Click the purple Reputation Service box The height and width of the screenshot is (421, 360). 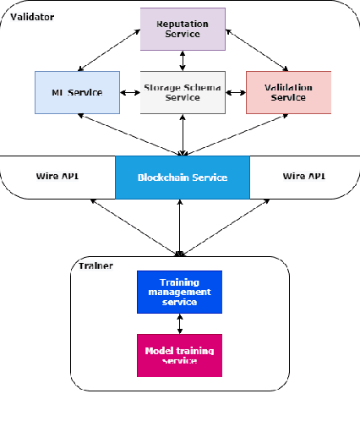coord(183,29)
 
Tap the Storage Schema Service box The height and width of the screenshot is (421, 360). coord(183,92)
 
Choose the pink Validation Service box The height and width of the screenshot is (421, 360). coord(288,92)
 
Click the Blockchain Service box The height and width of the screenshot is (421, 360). coord(183,178)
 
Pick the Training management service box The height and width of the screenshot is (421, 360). coord(179,292)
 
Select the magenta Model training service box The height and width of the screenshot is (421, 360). coord(179,355)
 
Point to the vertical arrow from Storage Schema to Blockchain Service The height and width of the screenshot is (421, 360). coord(183,134)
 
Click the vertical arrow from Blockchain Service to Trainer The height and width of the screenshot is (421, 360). coord(181,227)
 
